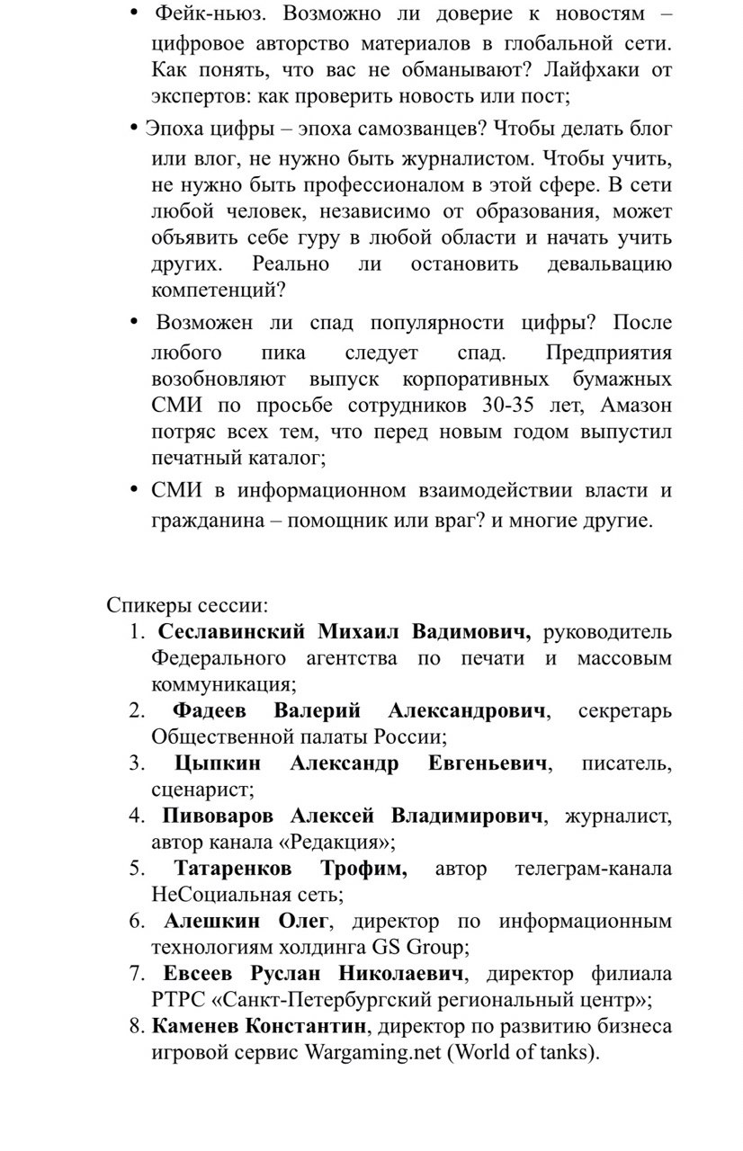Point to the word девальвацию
tap(609, 264)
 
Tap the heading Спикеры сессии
tap(188, 604)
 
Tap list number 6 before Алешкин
tap(138, 922)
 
